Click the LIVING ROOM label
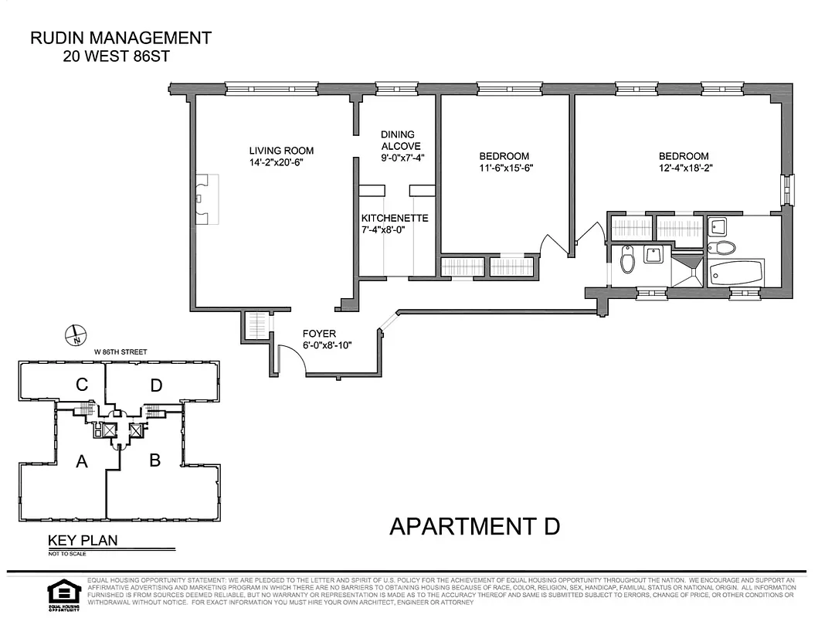281,151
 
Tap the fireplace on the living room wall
205,199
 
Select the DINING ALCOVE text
397,140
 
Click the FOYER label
319,334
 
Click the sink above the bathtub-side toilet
717,226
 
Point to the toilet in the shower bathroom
627,260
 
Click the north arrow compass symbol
75,336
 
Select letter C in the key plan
80,384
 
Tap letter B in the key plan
154,460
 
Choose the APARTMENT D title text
474,527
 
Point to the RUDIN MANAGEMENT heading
120,38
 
